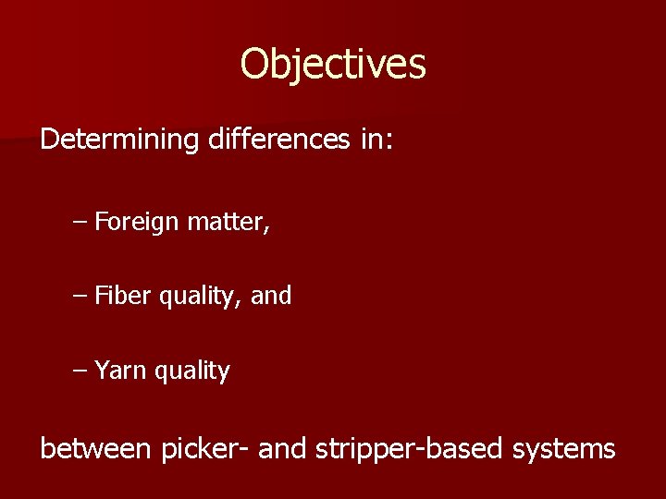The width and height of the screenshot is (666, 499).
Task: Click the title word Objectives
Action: coord(333,65)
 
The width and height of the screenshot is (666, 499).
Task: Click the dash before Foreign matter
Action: coord(80,223)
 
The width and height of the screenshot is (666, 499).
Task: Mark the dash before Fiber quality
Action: coord(80,297)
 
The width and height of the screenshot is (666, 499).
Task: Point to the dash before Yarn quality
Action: coord(80,371)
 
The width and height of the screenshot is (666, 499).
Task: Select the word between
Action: coord(95,449)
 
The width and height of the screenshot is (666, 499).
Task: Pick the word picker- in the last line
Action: coord(205,450)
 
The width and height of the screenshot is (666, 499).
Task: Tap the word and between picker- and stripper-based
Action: coord(283,449)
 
